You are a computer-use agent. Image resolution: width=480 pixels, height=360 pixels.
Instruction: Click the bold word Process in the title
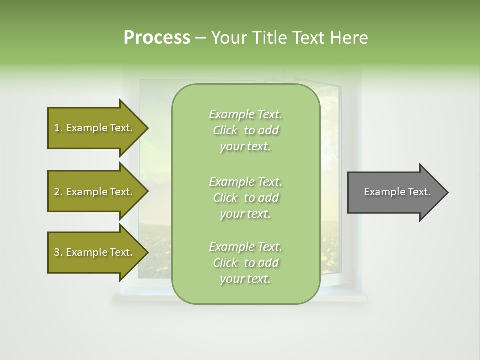tap(157, 38)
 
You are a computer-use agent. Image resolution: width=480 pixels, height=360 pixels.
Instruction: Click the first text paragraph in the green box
tap(245, 130)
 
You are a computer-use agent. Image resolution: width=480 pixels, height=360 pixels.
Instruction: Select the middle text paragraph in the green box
tap(245, 197)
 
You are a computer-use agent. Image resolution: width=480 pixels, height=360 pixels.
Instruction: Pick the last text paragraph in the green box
tap(245, 263)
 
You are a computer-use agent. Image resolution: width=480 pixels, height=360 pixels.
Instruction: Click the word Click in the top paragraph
tap(225, 130)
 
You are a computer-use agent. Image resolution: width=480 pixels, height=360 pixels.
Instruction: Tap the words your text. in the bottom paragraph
tap(245, 279)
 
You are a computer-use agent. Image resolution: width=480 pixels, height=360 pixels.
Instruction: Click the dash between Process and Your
tap(200, 38)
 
